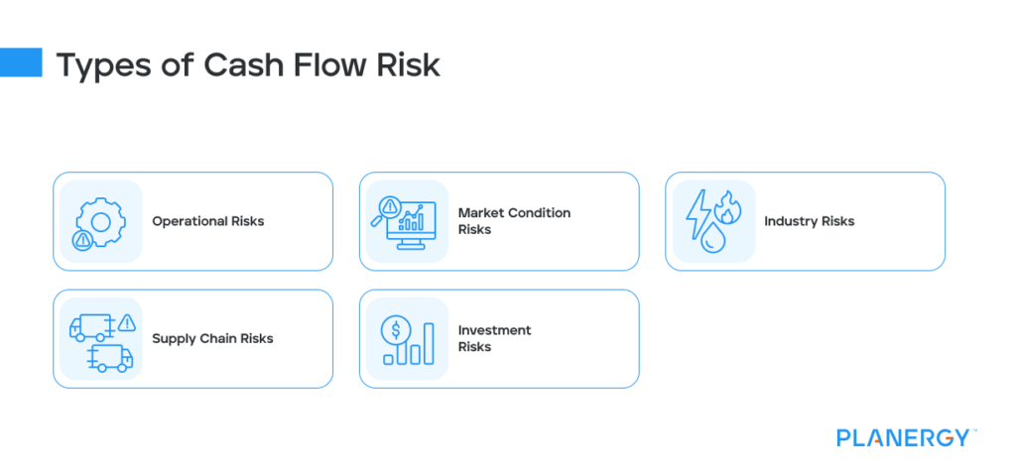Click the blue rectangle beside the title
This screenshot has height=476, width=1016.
[21, 62]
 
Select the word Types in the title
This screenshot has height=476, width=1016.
[102, 65]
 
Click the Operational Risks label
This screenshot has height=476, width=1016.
[207, 221]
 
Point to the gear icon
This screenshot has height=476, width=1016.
[99, 215]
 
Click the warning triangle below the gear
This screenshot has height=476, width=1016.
[81, 240]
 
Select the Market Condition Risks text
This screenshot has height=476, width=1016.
[514, 221]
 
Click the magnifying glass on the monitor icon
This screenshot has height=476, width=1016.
[387, 208]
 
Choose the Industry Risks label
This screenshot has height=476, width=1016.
[809, 221]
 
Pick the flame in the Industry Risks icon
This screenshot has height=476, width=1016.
[727, 209]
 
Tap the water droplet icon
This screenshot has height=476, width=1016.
[711, 239]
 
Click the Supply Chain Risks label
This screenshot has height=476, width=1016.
[212, 338]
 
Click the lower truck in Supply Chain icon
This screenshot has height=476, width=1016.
[109, 357]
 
